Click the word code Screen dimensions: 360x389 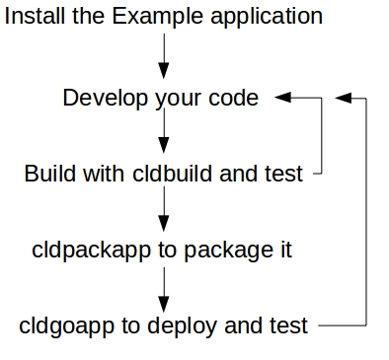point(234,98)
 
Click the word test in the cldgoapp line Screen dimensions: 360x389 point(286,324)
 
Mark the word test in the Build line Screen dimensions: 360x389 point(284,174)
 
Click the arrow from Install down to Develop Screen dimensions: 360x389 point(163,55)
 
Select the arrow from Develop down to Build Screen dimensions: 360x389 point(163,133)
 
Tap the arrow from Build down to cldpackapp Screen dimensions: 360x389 point(163,209)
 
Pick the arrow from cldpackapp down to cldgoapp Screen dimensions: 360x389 point(163,286)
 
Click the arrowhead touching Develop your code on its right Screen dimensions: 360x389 point(283,98)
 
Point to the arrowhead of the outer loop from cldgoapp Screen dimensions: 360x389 point(344,98)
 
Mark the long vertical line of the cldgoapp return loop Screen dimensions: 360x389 point(367,212)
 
